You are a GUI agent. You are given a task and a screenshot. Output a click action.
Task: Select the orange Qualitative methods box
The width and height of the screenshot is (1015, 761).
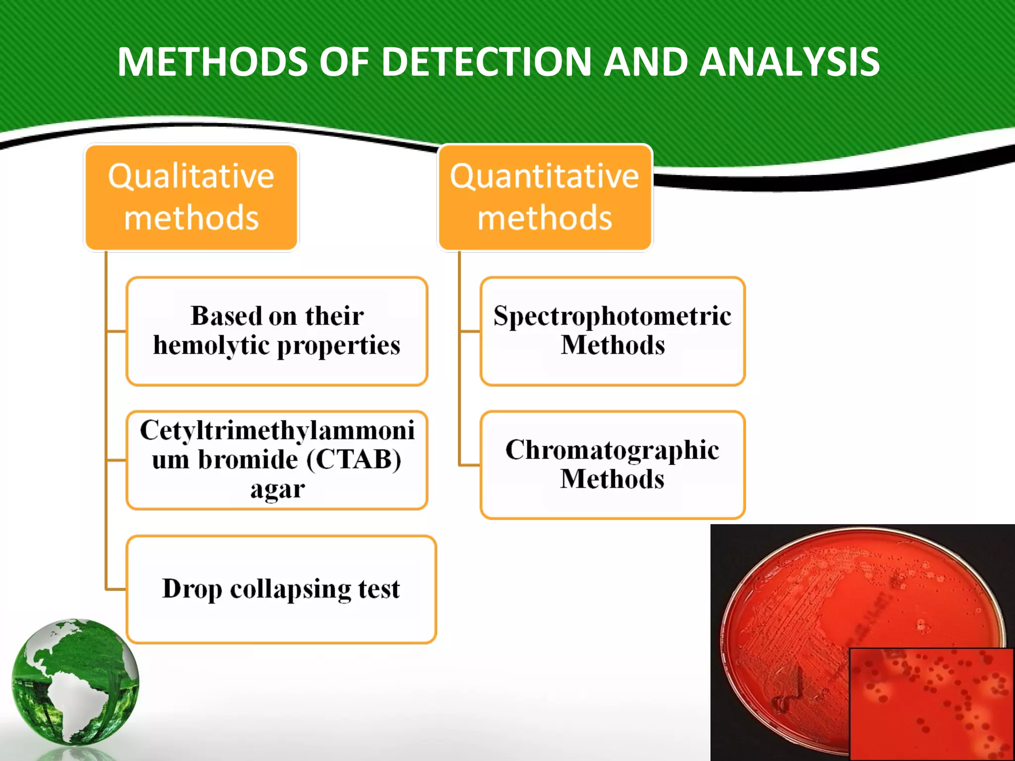click(x=191, y=197)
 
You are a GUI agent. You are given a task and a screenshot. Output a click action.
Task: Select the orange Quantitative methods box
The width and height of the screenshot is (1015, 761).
click(x=545, y=197)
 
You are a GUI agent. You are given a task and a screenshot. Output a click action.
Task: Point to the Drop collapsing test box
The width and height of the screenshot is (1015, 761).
click(x=281, y=589)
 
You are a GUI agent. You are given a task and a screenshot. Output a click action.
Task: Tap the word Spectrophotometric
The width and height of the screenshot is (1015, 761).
click(x=612, y=316)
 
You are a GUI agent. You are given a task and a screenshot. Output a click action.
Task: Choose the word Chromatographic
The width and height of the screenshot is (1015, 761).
click(x=612, y=450)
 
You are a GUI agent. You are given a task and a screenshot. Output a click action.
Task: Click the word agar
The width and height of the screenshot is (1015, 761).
click(x=277, y=489)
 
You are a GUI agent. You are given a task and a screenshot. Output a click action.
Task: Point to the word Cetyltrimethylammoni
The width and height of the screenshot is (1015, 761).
click(x=277, y=430)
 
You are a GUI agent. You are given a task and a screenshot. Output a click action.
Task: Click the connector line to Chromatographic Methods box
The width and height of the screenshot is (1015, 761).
click(x=469, y=465)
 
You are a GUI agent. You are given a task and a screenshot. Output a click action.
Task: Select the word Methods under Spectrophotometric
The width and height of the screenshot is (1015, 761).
click(x=613, y=345)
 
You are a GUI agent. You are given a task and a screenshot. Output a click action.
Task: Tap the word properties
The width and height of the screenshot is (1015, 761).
click(x=338, y=345)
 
